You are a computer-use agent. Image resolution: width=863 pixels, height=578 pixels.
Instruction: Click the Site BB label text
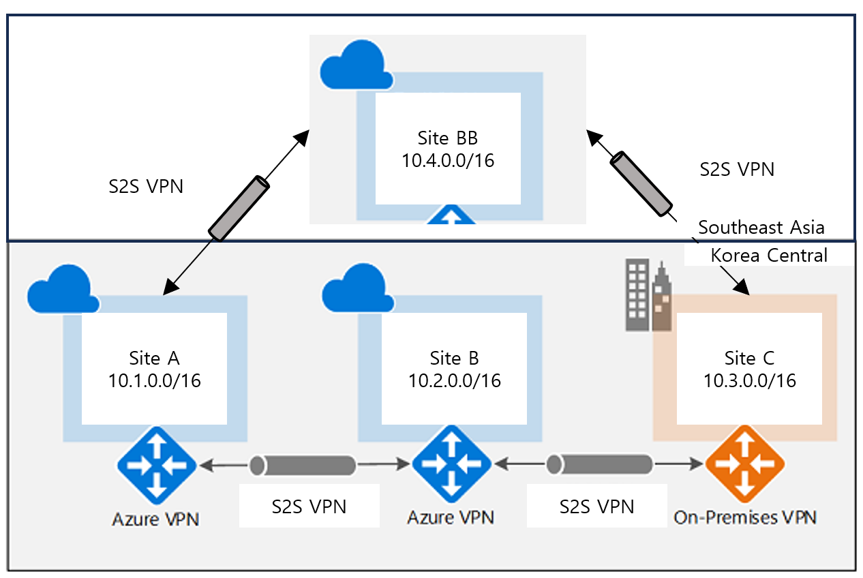[448, 138]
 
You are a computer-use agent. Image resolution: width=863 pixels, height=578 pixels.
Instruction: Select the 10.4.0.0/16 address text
[448, 162]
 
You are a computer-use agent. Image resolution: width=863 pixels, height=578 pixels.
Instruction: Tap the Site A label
[154, 358]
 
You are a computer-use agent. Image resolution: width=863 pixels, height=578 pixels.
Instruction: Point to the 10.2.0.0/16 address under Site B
[454, 380]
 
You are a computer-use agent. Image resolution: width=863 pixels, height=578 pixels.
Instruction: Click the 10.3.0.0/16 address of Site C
[749, 380]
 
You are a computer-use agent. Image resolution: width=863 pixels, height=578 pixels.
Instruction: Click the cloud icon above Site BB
[356, 66]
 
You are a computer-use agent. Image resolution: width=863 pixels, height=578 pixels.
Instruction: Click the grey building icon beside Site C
[648, 296]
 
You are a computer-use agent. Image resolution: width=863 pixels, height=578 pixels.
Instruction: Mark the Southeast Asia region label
[761, 227]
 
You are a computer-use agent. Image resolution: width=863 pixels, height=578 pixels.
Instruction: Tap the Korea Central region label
[768, 256]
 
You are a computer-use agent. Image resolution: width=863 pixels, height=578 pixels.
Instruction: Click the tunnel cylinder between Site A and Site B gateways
[303, 465]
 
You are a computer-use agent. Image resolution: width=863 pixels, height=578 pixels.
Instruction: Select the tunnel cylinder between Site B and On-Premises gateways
[601, 465]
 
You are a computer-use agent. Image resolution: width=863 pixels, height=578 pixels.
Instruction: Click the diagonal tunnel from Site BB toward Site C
[641, 182]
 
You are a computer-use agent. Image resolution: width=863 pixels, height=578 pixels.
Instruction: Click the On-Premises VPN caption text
[744, 517]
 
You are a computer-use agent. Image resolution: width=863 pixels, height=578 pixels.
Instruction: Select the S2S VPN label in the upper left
[147, 185]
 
